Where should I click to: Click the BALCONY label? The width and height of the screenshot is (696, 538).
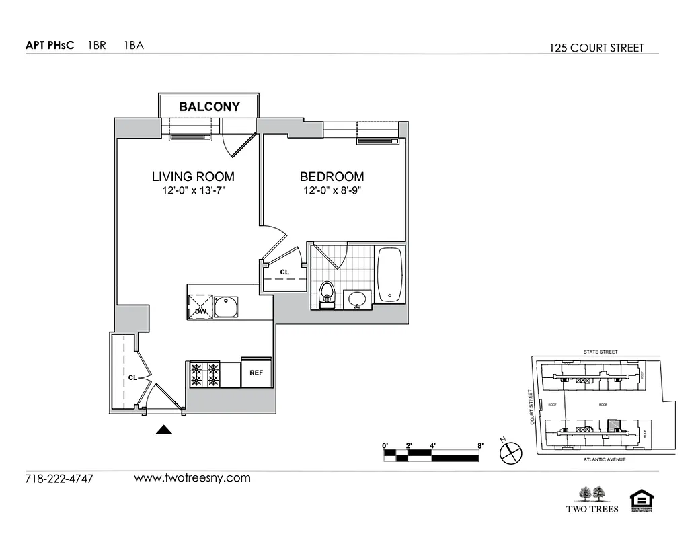(208, 106)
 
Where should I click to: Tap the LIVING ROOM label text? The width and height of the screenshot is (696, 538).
(193, 177)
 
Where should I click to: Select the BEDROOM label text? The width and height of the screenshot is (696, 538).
(332, 177)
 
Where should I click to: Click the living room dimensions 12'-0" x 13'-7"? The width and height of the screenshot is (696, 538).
(193, 192)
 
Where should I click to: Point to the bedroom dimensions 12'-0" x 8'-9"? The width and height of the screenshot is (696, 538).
(332, 192)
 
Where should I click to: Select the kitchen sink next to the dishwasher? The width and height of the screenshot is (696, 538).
(228, 306)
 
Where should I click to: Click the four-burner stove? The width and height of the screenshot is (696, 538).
(205, 375)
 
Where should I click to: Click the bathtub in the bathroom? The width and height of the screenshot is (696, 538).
(390, 274)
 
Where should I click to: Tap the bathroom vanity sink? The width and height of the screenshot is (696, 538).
(357, 299)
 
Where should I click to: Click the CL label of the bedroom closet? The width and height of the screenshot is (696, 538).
(284, 272)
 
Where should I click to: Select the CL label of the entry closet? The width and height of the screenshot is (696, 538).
(132, 378)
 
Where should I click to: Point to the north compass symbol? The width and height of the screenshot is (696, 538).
(510, 453)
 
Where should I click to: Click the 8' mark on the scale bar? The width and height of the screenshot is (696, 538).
(480, 445)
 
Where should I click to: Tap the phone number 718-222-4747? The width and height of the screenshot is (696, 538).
(59, 479)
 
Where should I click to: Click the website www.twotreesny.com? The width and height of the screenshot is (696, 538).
(192, 478)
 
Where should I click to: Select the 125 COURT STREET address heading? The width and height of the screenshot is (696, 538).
(596, 48)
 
